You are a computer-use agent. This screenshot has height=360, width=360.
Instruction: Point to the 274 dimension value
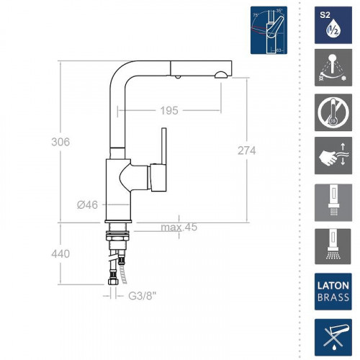point(246,150)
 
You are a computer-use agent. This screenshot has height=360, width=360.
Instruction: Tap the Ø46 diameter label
point(87,205)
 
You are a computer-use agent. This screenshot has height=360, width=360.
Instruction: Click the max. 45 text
point(179,228)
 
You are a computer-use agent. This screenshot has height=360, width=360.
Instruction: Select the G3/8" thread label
point(141,294)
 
